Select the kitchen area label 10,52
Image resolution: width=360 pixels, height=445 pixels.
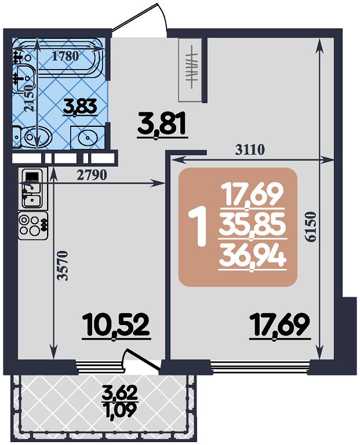[116, 326]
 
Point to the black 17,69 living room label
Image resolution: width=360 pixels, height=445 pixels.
[280, 326]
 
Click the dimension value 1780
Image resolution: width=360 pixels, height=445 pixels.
[66, 56]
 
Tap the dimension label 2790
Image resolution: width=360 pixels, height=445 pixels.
[92, 176]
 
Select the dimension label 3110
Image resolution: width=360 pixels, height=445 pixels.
[250, 149]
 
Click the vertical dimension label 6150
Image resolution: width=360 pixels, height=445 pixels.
[311, 227]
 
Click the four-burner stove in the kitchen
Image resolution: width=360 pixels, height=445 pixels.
[33, 225]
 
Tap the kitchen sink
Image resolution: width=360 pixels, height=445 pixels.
[31, 188]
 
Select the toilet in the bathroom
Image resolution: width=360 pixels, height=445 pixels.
[33, 137]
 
